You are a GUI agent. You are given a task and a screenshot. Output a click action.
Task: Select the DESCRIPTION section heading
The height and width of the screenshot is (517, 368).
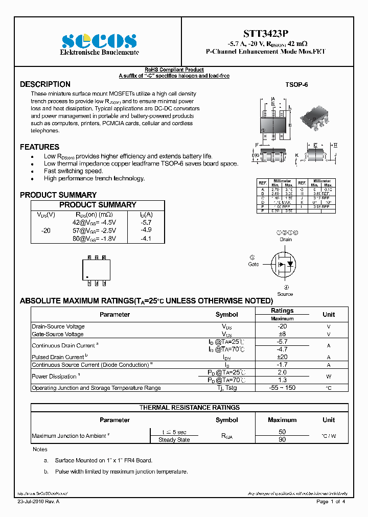(x=45, y=84)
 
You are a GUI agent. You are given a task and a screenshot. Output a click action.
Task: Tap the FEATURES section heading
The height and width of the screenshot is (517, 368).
(x=39, y=147)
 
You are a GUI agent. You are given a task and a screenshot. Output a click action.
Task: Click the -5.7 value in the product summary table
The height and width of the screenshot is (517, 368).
(x=146, y=223)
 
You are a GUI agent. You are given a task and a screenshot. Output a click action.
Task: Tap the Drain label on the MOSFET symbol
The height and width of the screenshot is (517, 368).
(x=285, y=239)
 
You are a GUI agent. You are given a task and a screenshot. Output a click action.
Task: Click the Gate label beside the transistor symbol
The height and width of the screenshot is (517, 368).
(x=254, y=264)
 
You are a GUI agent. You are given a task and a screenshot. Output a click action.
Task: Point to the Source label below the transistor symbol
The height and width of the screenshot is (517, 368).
(x=285, y=294)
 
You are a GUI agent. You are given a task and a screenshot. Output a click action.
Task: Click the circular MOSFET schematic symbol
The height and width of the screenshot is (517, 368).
(x=285, y=264)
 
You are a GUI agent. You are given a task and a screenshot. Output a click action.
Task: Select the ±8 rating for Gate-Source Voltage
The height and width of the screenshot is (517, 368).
(x=282, y=334)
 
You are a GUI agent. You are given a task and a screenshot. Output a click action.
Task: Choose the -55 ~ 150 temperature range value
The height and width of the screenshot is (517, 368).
(x=282, y=388)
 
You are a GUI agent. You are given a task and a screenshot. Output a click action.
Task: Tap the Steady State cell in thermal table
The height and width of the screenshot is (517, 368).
(x=174, y=440)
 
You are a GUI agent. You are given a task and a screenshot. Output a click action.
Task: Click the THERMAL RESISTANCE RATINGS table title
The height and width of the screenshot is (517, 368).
(x=190, y=408)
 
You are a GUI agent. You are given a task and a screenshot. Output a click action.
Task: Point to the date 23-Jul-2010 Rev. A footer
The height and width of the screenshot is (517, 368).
(x=38, y=502)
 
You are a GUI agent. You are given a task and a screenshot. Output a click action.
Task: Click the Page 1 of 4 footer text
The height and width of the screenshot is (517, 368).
(x=331, y=502)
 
